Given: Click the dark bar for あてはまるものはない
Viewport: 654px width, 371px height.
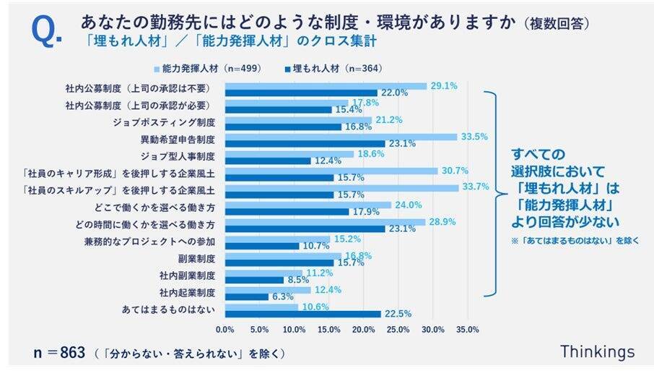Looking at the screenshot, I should pos(302,313).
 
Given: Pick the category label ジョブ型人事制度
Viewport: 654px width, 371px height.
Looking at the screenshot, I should pos(181,155).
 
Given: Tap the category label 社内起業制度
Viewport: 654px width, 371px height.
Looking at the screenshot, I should pos(188,293).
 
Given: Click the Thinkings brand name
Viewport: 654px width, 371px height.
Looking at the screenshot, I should pos(597,351).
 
